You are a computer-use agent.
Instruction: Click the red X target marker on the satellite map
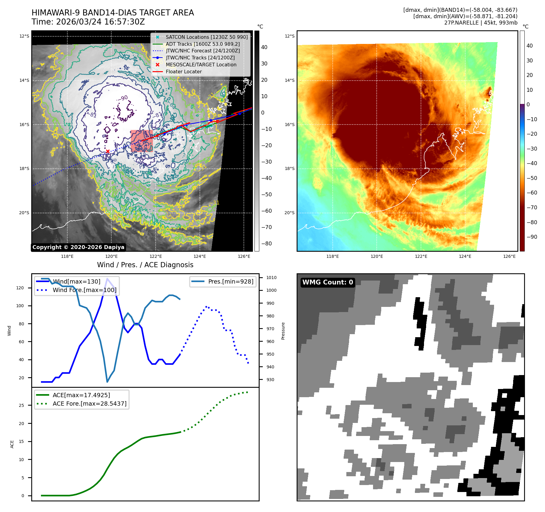108,151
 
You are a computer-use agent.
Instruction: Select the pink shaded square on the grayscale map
142,141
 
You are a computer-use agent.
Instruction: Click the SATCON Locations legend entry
207,37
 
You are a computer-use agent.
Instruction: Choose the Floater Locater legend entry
183,72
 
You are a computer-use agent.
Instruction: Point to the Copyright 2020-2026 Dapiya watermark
78,247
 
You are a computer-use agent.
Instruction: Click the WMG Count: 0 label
328,282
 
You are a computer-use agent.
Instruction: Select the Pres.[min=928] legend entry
230,282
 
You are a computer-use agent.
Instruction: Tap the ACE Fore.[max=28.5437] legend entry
89,404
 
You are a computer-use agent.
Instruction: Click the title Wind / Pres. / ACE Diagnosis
145,265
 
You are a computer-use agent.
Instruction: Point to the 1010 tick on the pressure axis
271,278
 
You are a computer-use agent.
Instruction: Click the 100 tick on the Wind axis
20,306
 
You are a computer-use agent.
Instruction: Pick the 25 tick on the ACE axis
21,405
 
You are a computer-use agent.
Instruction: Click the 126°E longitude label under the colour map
509,257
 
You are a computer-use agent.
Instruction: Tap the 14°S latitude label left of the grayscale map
24,81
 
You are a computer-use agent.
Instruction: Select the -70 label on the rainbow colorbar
532,208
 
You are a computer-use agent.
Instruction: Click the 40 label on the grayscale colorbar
264,47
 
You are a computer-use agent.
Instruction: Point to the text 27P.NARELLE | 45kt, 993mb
481,23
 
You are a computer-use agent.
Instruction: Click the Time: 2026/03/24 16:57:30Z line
88,22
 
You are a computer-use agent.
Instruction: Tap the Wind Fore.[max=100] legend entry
84,290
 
